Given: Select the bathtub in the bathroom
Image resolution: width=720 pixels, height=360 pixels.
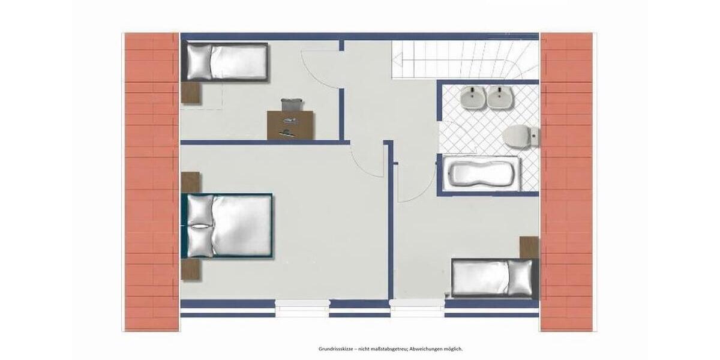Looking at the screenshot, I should tap(483, 174).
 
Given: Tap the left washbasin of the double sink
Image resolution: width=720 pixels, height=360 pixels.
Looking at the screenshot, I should tap(473, 97).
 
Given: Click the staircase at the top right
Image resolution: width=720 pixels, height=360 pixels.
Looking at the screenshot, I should tap(465, 59).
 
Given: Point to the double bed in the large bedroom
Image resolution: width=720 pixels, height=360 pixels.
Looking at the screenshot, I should tap(228, 225).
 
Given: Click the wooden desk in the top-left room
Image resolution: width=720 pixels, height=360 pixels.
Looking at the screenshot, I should tap(291, 125).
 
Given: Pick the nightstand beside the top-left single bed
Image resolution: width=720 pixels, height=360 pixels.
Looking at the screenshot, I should tap(191, 93).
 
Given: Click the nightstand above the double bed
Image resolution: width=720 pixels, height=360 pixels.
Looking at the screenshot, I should tap(190, 182).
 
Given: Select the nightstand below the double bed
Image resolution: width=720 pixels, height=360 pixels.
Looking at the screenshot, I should tap(190, 269).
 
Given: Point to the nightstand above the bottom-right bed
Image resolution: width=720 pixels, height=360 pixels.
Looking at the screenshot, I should tap(529, 247).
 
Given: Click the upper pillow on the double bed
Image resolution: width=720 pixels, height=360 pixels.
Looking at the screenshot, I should tap(200, 209).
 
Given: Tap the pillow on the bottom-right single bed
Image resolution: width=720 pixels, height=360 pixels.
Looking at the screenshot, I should tap(519, 278).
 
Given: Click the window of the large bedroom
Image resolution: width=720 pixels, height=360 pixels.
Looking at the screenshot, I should tap(302, 307).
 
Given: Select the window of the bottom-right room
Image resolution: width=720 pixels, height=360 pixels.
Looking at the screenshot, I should tap(417, 307).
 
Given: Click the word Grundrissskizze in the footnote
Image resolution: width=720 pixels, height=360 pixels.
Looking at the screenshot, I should tap(334, 349).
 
